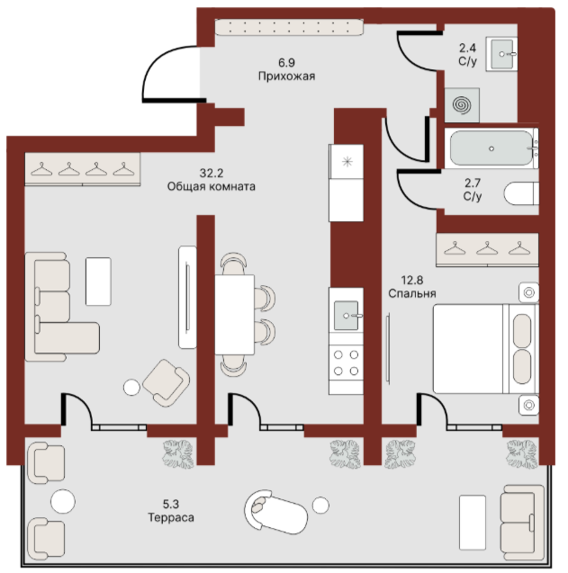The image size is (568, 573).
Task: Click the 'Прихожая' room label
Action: pos(286,76)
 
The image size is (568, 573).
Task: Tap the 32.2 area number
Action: pos(212,173)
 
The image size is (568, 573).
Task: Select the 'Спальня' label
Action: pos(412,293)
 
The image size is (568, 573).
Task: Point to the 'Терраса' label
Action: pos(171,517)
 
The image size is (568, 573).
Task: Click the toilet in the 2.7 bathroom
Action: pos(521,192)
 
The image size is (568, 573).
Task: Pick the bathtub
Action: pos(491,148)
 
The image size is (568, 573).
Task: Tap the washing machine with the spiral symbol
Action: pos(462,105)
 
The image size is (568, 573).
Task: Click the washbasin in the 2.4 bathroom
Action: pos(501,54)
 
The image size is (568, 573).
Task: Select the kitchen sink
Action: pos(346,315)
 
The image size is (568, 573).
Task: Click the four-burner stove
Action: pos(346,363)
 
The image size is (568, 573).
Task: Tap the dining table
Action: pos(234,315)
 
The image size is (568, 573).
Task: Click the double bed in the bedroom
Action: pos(486,349)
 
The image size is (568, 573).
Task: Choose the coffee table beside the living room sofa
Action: pos(98,282)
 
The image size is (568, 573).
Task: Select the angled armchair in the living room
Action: pos(166,382)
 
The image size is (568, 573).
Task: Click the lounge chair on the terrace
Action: pos(275,512)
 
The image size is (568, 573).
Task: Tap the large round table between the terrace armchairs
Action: pos(63,501)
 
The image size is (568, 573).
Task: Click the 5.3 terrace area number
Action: pos(171,505)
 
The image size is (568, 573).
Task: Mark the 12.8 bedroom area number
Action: pos(412,280)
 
